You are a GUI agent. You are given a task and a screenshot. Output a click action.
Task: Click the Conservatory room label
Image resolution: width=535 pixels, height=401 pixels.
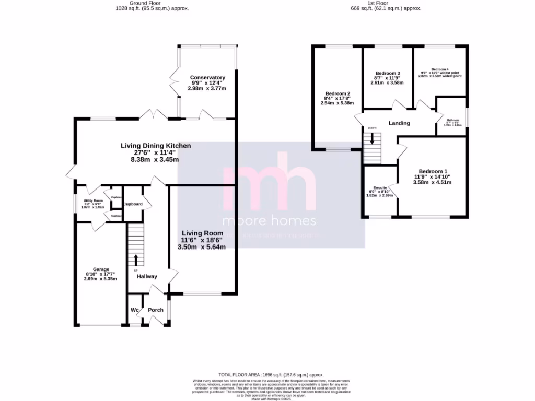[207, 78]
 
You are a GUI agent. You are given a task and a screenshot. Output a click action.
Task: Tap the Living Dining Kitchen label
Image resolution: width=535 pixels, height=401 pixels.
[156, 146]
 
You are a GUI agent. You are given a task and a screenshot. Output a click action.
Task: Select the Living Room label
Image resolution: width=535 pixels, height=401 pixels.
[202, 233]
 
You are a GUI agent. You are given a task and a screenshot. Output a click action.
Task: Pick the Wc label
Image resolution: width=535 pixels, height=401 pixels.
[134, 310]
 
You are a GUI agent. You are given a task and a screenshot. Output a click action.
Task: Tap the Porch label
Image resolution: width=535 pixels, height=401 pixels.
[156, 310]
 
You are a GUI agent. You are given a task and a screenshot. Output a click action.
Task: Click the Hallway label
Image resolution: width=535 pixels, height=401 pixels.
[147, 277]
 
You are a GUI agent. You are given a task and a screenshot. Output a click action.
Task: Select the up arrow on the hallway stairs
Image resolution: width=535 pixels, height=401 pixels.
[136, 260]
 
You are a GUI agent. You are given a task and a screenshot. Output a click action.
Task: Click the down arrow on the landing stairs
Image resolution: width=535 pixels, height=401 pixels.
[373, 138]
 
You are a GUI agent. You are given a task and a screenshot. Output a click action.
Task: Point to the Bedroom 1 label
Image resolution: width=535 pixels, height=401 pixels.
[433, 171]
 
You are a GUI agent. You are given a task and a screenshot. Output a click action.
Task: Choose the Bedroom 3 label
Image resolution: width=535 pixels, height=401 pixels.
[387, 73]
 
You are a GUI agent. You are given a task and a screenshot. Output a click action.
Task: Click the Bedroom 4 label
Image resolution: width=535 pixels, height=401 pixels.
[440, 69]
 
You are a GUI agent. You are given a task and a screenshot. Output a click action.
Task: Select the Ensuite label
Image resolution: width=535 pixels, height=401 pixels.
[380, 188]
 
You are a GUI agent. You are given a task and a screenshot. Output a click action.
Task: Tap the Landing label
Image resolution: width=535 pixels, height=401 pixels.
[399, 123]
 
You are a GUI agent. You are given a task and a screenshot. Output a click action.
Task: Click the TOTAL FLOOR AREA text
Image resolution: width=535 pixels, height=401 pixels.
[271, 375]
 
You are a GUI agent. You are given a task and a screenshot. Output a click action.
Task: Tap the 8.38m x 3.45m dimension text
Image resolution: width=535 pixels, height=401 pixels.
[156, 160]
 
